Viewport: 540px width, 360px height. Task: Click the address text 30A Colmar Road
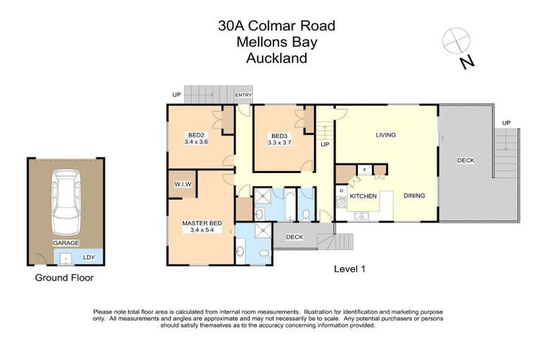[276, 27]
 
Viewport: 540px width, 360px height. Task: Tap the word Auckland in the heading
[276, 58]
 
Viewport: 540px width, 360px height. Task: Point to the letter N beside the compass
[466, 63]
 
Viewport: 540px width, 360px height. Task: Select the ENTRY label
[243, 95]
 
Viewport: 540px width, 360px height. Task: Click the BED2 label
[195, 135]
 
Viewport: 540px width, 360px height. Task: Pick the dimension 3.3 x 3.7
[279, 142]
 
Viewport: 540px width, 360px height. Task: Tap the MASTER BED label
[202, 223]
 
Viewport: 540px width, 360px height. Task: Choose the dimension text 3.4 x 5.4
[202, 230]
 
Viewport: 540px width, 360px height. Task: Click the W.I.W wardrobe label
[183, 184]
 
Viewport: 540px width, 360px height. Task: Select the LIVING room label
[385, 135]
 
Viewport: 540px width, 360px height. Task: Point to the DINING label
[413, 195]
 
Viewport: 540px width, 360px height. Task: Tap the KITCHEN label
[364, 196]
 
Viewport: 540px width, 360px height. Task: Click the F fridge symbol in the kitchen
[364, 169]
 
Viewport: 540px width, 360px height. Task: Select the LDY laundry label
[89, 257]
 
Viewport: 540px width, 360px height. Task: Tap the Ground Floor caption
[64, 278]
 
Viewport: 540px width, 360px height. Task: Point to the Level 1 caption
[349, 269]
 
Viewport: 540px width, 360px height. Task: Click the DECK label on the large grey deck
[465, 160]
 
